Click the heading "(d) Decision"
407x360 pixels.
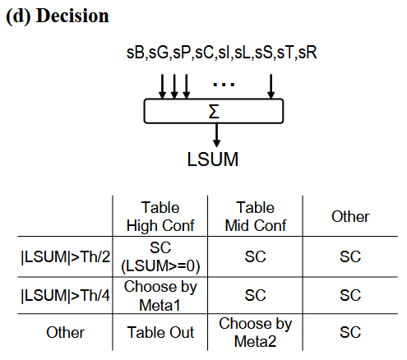[58, 16]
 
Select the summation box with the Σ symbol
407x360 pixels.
[214, 110]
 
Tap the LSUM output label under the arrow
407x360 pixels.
[212, 159]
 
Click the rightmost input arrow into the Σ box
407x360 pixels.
[271, 85]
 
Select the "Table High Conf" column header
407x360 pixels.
[160, 216]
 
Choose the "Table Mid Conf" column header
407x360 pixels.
[255, 216]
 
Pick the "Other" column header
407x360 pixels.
[349, 217]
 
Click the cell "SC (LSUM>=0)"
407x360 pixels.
[160, 256]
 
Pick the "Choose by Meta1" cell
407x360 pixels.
[160, 294]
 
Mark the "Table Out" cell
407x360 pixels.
[160, 332]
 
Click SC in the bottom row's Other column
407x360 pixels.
[350, 332]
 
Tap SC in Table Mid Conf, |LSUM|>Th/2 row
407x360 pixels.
[255, 256]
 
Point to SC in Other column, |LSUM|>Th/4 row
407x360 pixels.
[350, 294]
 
